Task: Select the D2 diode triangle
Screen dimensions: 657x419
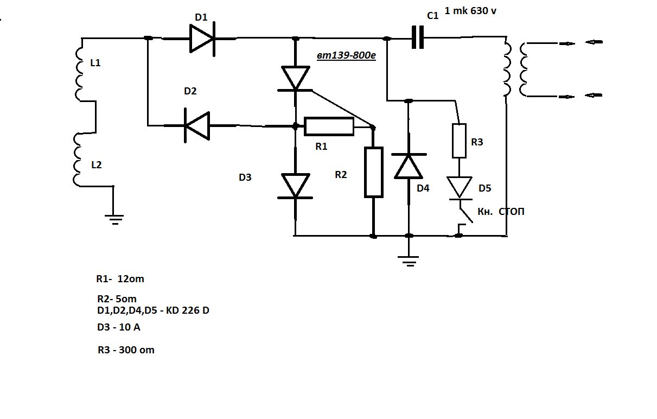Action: click(197, 126)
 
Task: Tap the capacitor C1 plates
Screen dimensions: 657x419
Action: click(418, 37)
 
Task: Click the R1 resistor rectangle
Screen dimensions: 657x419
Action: click(329, 126)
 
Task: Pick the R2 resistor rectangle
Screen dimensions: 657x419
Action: click(374, 172)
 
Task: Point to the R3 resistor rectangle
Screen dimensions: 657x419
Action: click(459, 141)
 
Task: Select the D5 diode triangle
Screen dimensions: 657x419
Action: click(460, 188)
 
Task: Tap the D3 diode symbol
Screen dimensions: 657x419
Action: click(295, 186)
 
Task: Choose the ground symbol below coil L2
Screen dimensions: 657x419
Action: click(114, 219)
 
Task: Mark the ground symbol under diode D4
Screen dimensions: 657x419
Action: click(409, 261)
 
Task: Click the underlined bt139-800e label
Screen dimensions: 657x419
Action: click(346, 55)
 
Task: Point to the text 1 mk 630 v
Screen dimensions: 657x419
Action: click(470, 11)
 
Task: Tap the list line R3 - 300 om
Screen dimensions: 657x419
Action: click(126, 350)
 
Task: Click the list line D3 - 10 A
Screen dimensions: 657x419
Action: click(119, 327)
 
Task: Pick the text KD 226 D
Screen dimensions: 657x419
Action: click(188, 310)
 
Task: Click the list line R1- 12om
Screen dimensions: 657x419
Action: click(120, 279)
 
